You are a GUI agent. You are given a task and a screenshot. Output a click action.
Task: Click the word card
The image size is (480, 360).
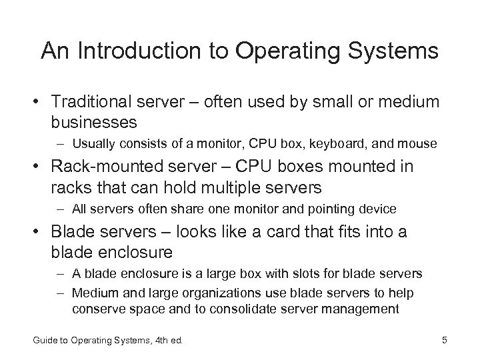289,232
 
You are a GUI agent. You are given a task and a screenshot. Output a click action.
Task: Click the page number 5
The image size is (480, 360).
445,342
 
